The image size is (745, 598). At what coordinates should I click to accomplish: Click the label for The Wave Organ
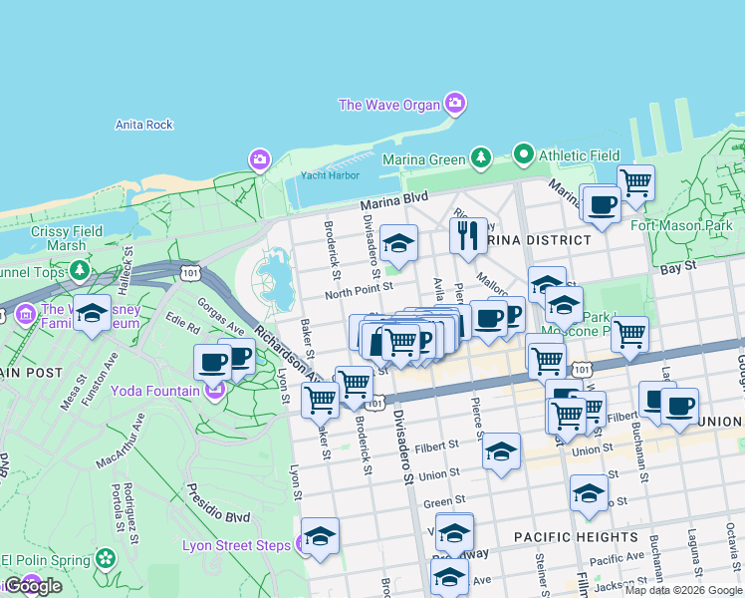point(388,105)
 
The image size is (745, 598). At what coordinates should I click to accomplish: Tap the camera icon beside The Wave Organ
point(455,103)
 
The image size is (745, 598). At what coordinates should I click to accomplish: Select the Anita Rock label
point(144,125)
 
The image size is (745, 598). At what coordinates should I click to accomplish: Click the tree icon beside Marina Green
point(482,157)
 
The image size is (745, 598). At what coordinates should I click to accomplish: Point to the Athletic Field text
point(579,155)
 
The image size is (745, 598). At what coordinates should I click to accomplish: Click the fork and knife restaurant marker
point(467,236)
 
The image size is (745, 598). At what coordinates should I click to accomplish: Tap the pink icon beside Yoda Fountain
point(214,391)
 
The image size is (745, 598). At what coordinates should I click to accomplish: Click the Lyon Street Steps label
point(236,545)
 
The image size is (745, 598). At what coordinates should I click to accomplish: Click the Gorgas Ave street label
point(220,316)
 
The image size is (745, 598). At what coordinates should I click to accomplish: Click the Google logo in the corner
point(32,586)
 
